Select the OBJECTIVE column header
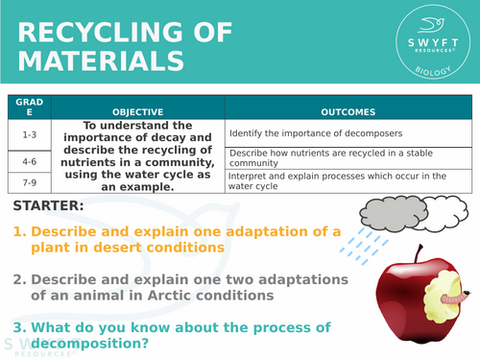137,111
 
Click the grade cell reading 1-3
29,134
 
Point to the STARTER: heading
49,206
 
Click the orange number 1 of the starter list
18,231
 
